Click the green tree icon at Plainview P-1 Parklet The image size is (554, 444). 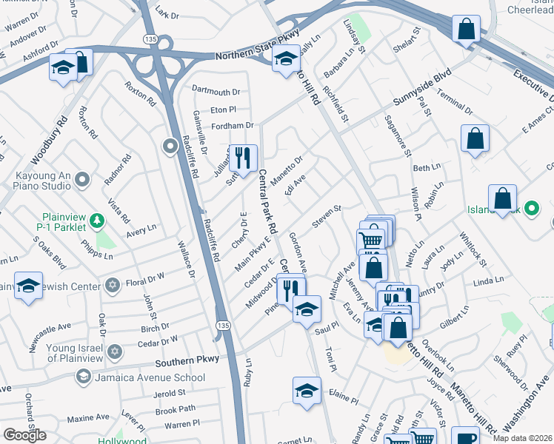[96, 219]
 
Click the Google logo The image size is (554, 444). [24, 434]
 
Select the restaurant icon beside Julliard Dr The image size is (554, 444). [242, 157]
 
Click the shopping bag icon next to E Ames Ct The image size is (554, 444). [474, 138]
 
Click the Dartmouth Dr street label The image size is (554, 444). [216, 92]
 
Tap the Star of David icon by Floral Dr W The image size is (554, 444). [113, 285]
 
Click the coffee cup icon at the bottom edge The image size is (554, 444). [465, 437]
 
